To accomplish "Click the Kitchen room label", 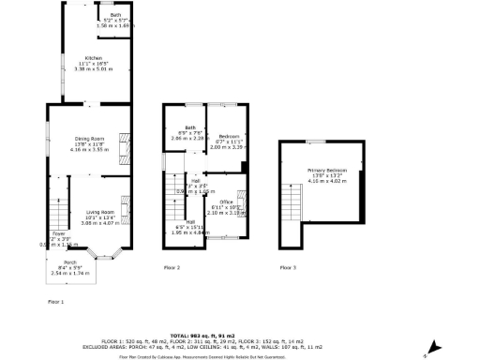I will click(94, 58).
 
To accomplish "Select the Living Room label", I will click(101, 212).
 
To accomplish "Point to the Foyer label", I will click(58, 233).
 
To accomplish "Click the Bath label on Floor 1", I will click(115, 16).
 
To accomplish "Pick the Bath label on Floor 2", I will click(190, 127).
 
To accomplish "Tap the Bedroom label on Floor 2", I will click(227, 136).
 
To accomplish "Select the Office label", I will click(226, 202).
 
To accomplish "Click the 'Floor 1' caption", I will click(56, 302).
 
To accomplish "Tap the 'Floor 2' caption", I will click(172, 268).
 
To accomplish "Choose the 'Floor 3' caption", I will click(287, 268).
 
